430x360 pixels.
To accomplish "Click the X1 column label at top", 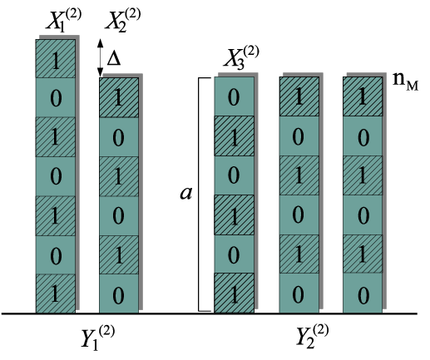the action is pyautogui.click(x=64, y=20).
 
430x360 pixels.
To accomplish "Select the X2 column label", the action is pyautogui.click(x=123, y=20).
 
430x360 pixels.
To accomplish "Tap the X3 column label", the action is pyautogui.click(x=241, y=57).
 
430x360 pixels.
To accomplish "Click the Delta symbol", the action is pyautogui.click(x=114, y=59).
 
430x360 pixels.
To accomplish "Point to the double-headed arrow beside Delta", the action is pyautogui.click(x=101, y=57).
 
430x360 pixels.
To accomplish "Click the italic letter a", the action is pyautogui.click(x=185, y=193).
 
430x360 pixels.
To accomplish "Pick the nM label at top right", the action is pyautogui.click(x=406, y=81).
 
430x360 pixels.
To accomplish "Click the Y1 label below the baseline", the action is pyautogui.click(x=97, y=338).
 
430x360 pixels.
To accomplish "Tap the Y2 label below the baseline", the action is pyautogui.click(x=312, y=336).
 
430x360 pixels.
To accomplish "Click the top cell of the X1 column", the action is pyautogui.click(x=56, y=58).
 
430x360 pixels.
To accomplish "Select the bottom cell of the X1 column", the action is pyautogui.click(x=56, y=293).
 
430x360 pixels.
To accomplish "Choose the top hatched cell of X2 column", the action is pyautogui.click(x=119, y=97).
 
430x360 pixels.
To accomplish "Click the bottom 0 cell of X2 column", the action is pyautogui.click(x=119, y=293).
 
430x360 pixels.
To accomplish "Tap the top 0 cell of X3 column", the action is pyautogui.click(x=234, y=96).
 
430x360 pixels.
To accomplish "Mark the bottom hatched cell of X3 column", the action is pyautogui.click(x=234, y=293).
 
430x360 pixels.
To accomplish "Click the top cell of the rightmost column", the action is pyautogui.click(x=363, y=96).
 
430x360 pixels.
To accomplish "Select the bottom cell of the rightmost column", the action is pyautogui.click(x=363, y=293).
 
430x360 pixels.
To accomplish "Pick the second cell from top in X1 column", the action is pyautogui.click(x=56, y=97).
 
